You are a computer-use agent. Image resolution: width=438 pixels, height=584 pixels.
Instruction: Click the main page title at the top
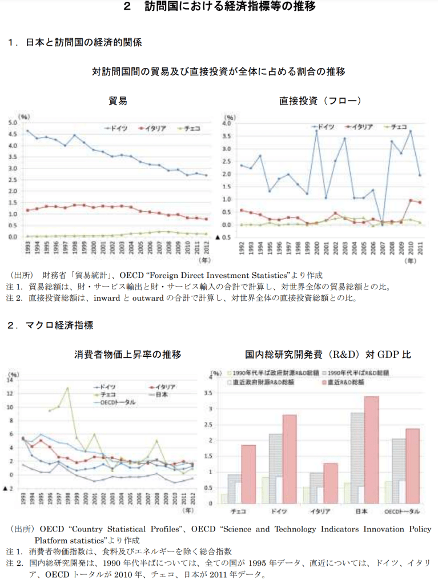click(x=219, y=7)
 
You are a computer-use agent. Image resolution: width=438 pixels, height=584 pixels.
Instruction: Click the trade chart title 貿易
click(x=118, y=101)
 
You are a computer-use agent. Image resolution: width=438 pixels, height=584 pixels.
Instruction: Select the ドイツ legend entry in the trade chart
click(x=120, y=128)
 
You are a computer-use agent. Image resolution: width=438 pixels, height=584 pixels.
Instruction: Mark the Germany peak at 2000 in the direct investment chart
click(x=316, y=131)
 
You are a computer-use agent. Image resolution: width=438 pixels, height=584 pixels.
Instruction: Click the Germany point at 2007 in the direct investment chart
click(x=382, y=224)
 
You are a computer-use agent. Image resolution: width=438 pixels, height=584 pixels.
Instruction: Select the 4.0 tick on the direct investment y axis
click(x=226, y=123)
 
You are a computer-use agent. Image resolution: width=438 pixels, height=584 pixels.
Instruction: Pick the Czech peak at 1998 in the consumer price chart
click(x=67, y=388)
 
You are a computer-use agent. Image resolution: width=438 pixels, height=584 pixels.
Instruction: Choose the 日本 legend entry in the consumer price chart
click(x=163, y=394)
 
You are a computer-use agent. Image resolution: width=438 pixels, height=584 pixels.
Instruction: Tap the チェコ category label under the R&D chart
click(x=236, y=510)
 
